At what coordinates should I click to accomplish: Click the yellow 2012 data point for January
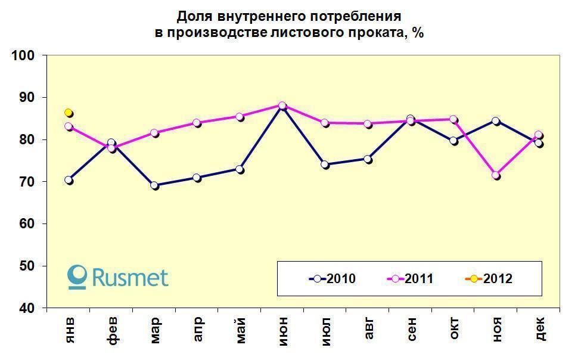coord(69,113)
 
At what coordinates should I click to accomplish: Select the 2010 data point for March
coord(154,185)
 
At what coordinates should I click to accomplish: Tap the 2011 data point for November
coord(496,175)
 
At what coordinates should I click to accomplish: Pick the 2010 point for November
coord(496,121)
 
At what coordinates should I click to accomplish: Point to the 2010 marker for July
coord(325,165)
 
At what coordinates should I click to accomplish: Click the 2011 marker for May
coord(240,117)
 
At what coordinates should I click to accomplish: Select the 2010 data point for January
coord(69,180)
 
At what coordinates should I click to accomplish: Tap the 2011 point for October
coord(453,119)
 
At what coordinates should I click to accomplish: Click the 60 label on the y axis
coord(27,224)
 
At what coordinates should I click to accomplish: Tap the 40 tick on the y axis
coord(27,308)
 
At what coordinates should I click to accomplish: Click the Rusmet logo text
coord(129,277)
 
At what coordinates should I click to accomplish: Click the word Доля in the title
coord(192,15)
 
